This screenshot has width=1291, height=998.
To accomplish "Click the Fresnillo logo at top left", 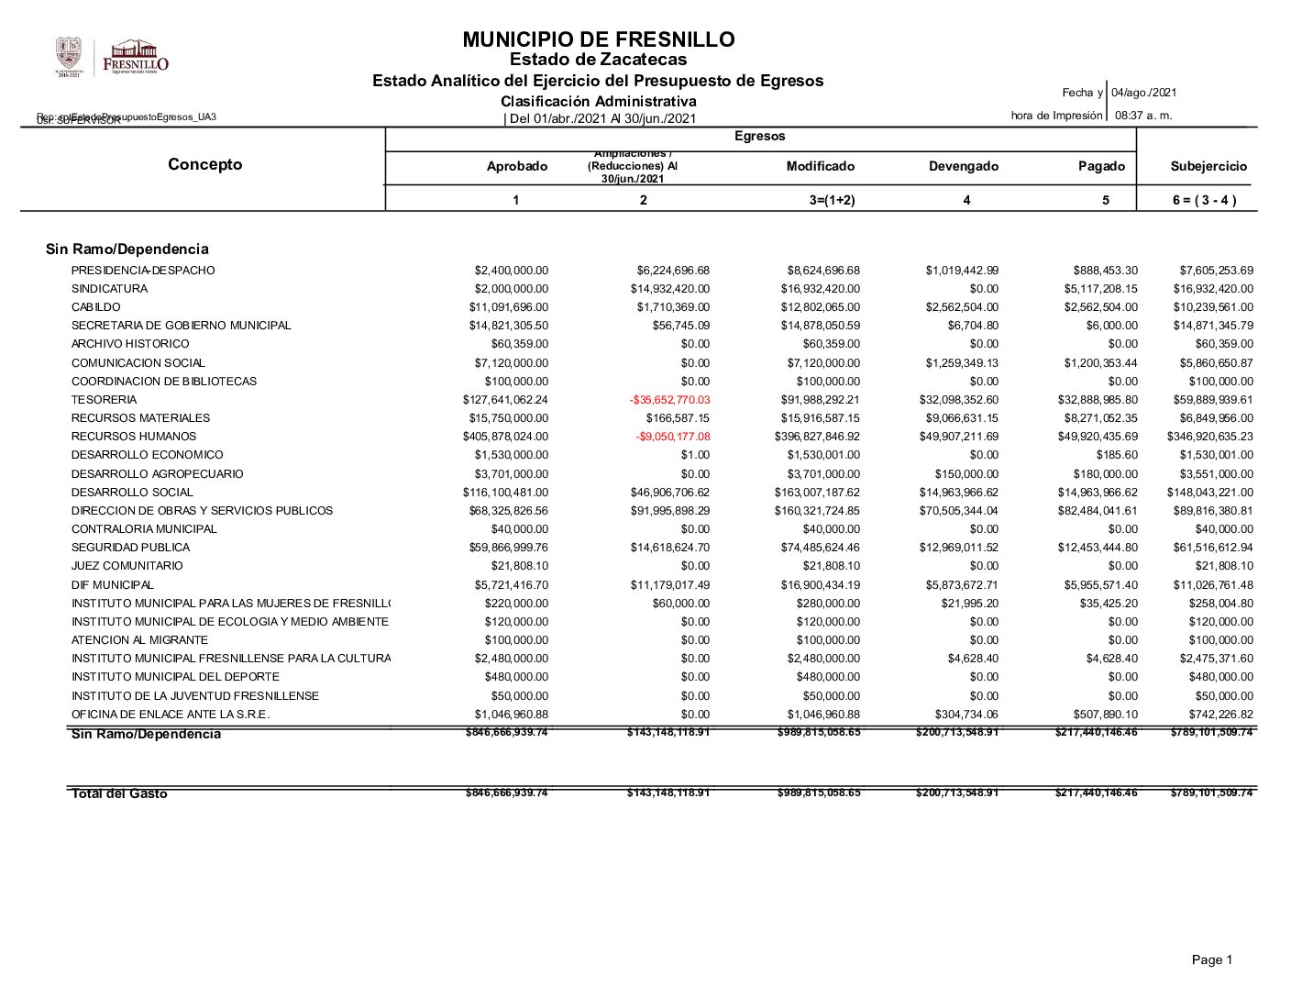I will point(136,58).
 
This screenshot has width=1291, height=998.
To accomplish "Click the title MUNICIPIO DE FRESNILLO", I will point(598,39).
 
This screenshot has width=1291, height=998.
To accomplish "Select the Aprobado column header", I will point(516,166).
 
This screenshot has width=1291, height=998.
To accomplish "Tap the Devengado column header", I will point(963,166).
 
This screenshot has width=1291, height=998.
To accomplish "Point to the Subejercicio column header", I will point(1208,166).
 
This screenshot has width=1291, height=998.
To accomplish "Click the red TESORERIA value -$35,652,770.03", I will point(669,400).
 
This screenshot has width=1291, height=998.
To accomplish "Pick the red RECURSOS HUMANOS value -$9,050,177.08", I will point(673,437).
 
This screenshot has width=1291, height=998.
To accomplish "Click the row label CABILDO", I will point(95,307).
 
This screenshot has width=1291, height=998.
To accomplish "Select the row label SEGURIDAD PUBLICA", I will point(117,548).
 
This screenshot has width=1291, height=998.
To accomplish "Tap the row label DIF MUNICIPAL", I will point(112,585).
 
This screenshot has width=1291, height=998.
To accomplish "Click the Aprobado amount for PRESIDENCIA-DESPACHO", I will point(511,271).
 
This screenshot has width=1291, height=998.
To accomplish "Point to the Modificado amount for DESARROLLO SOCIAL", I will point(817,493).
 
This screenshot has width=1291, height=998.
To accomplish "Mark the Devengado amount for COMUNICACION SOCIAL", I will point(959,363).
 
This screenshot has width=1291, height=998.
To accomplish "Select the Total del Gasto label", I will point(119,793).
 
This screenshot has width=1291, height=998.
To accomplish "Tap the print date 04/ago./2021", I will point(1143,93).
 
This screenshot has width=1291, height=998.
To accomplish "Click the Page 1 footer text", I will point(1211,959).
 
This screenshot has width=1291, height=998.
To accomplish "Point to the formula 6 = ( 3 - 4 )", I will point(1204,200).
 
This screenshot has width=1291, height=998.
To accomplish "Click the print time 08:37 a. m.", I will point(1142,116).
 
